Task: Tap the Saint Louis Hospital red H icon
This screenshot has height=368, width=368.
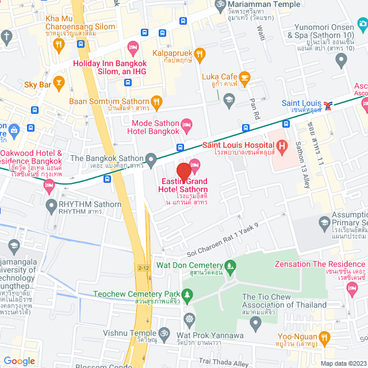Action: [282, 147]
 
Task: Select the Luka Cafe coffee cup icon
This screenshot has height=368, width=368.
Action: [245, 76]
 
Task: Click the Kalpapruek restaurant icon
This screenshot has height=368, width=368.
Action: [200, 53]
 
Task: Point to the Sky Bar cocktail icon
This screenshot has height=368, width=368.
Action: [58, 83]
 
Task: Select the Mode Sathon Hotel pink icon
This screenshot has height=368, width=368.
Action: [186, 124]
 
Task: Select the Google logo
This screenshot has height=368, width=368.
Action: [20, 361]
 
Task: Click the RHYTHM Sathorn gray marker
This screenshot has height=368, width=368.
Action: [50, 204]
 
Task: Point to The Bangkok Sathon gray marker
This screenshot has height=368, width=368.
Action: [151, 158]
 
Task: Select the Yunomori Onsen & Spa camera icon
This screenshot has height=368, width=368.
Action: [362, 23]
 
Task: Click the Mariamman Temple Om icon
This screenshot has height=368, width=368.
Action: [218, 5]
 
